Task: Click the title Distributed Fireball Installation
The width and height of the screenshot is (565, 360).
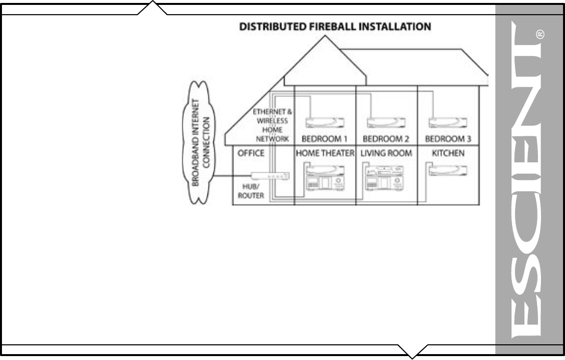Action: pyautogui.click(x=335, y=26)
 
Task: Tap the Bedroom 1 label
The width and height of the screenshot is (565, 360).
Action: pyautogui.click(x=325, y=139)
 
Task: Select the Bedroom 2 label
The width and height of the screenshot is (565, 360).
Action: pyautogui.click(x=385, y=139)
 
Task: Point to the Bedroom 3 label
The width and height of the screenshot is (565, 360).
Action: pyautogui.click(x=448, y=139)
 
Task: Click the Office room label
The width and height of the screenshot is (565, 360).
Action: pyautogui.click(x=251, y=154)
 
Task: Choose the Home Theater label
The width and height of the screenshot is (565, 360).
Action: pyautogui.click(x=325, y=154)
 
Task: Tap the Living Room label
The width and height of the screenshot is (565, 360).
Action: pyautogui.click(x=386, y=154)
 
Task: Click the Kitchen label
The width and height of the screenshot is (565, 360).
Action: pyautogui.click(x=448, y=154)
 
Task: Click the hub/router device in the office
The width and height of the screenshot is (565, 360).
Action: pyautogui.click(x=270, y=176)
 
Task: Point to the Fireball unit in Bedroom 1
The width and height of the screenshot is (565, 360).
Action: pyautogui.click(x=325, y=122)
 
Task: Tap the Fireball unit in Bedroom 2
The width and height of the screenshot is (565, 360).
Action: pyautogui.click(x=386, y=122)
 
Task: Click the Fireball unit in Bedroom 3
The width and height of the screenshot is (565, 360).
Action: pyautogui.click(x=448, y=122)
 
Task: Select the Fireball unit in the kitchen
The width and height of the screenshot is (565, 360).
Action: pyautogui.click(x=448, y=170)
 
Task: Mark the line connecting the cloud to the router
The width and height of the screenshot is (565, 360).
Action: pyautogui.click(x=233, y=176)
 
